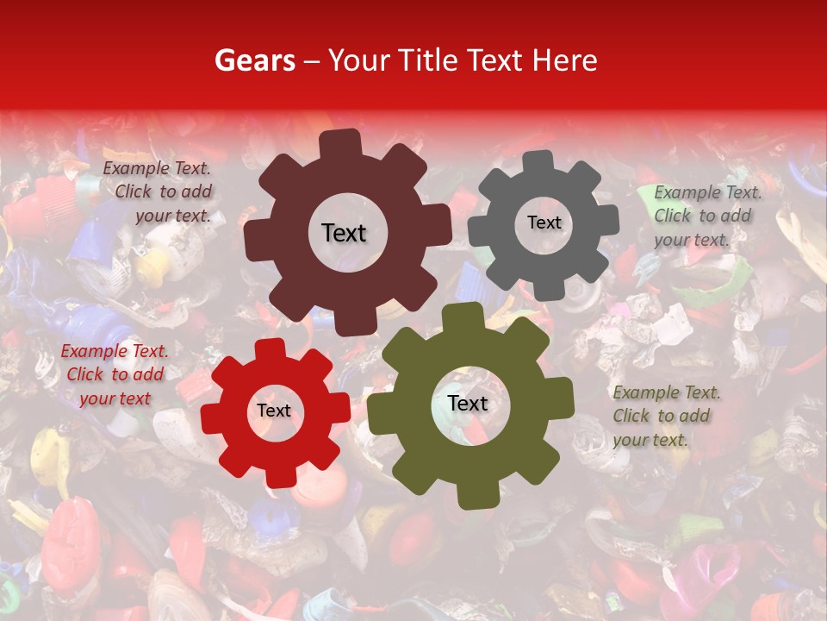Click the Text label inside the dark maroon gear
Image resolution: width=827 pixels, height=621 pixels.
tap(344, 233)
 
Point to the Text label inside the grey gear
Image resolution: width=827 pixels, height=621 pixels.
tap(544, 223)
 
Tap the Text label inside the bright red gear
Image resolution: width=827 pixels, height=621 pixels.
tap(274, 411)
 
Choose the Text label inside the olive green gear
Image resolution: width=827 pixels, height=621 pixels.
tap(468, 404)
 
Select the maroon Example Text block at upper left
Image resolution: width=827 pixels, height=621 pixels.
tap(159, 192)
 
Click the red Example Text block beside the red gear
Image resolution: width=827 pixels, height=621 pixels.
tap(115, 375)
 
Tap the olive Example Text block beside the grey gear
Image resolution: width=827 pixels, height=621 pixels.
tap(707, 216)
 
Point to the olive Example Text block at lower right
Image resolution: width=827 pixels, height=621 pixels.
tap(666, 416)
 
